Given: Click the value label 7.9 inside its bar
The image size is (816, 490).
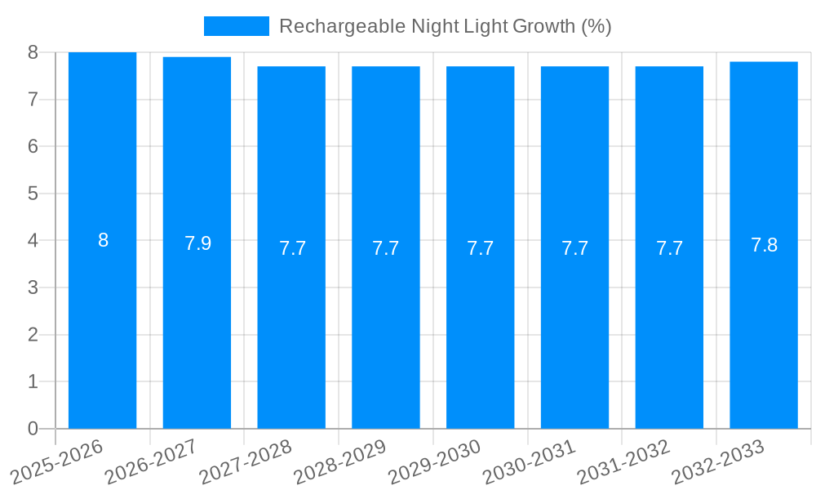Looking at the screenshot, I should pos(197,243).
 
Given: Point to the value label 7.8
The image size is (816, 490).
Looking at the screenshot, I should pos(764,245).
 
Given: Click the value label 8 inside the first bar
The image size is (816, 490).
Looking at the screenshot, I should pos(103,240).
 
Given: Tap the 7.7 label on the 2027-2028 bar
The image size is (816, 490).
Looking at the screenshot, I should pos(292,248).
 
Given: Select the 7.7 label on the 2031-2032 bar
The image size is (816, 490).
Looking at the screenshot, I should pos(669,248).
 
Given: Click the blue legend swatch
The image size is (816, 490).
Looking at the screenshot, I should pos(236,26).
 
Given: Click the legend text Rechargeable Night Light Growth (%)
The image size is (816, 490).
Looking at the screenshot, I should pos(445,26).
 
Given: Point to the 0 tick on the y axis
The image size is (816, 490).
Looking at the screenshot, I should pos(33,429).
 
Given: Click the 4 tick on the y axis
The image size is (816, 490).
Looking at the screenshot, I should pos(33,241).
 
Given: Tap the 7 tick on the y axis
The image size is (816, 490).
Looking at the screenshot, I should pos(33,100).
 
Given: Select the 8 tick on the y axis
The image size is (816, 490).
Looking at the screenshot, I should pos(33,52).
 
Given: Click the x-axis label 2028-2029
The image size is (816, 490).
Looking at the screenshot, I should pos(339,462).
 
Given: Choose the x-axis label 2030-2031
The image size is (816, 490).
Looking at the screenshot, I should pos(529,462).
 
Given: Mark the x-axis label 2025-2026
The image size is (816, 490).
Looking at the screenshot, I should pos(56,462).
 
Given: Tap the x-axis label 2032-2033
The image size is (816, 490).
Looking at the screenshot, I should pos(717,462).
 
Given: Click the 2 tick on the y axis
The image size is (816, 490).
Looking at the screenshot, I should pos(33,335).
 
